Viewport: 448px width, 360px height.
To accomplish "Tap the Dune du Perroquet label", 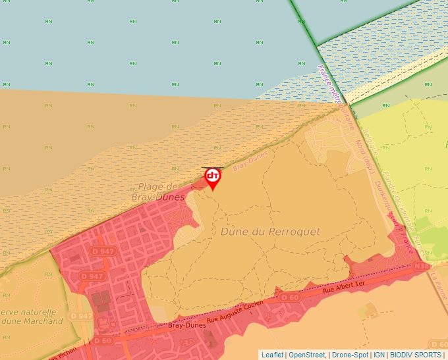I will pyautogui.click(x=270, y=232).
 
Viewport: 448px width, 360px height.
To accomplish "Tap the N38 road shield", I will pyautogui.click(x=424, y=266).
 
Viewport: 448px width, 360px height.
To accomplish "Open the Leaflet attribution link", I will pyautogui.click(x=272, y=355).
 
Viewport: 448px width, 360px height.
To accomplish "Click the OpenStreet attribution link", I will pyautogui.click(x=308, y=355).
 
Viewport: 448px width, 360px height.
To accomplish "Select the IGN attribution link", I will pyautogui.click(x=379, y=355).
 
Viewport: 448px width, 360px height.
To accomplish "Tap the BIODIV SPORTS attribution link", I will pyautogui.click(x=416, y=355).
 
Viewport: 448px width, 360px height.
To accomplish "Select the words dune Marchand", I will pyautogui.click(x=33, y=321).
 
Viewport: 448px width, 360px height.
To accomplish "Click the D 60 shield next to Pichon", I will pyautogui.click(x=103, y=341).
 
